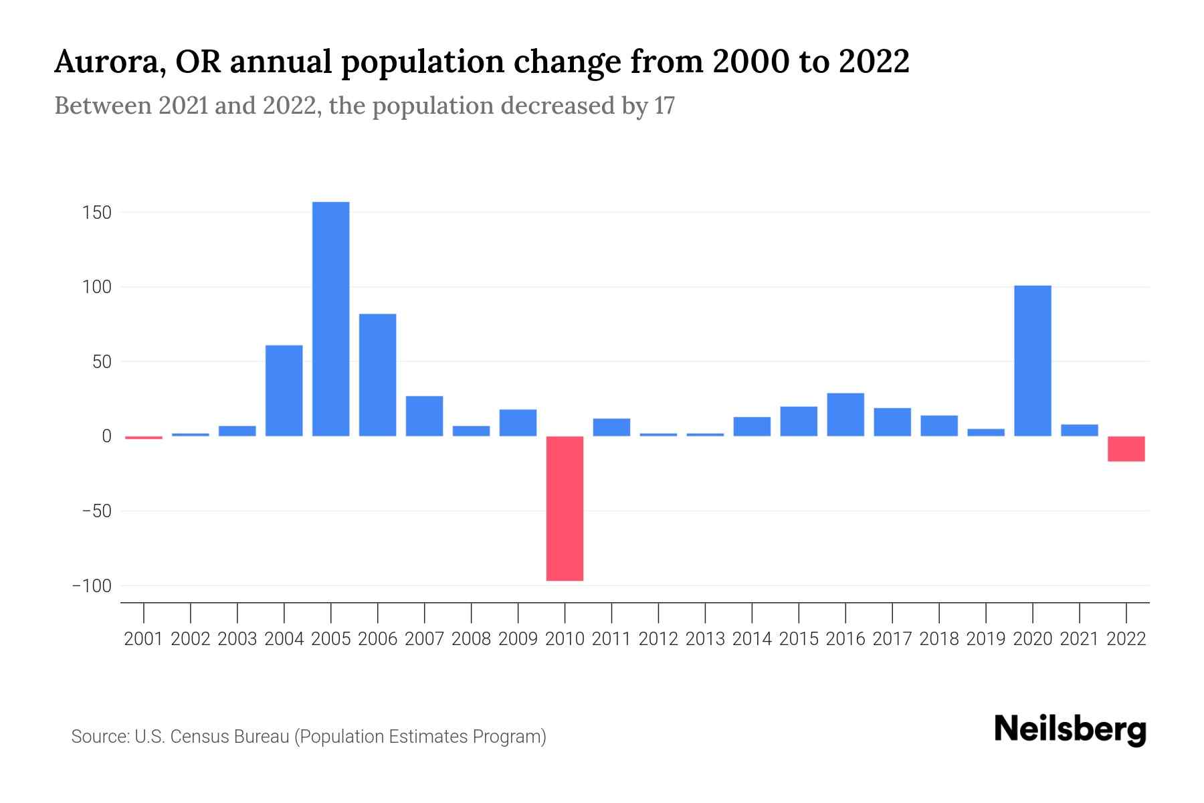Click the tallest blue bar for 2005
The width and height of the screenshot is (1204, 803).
click(331, 319)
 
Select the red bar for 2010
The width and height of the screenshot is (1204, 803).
click(565, 509)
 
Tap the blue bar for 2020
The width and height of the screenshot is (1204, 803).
click(1033, 361)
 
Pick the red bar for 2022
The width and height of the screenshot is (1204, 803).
click(1126, 449)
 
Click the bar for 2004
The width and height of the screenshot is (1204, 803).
click(284, 391)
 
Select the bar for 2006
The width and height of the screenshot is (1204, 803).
click(378, 375)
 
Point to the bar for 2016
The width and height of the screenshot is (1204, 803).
click(845, 415)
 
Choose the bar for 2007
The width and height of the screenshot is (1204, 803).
click(425, 416)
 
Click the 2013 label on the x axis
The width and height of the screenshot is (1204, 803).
click(705, 639)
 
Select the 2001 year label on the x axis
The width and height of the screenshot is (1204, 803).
click(144, 639)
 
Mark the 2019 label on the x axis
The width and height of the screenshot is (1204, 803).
click(986, 639)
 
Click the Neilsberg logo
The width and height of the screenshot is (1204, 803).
click(1070, 730)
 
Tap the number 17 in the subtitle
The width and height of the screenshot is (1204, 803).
click(664, 106)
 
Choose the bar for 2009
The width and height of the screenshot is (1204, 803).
click(518, 423)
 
